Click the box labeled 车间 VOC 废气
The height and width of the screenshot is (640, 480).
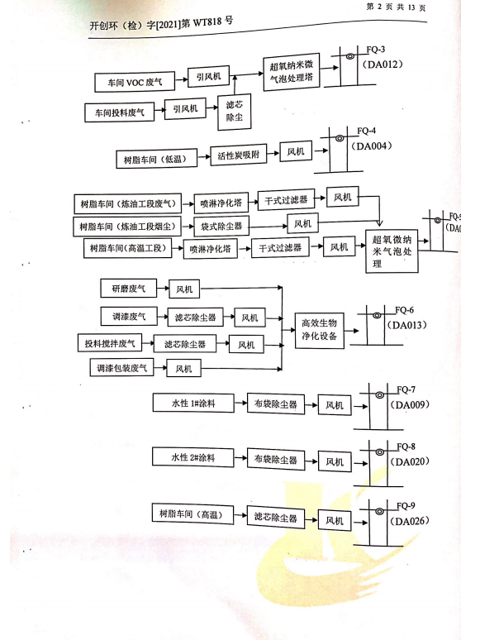tap(135, 82)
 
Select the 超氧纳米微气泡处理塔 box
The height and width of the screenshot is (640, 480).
tap(291, 71)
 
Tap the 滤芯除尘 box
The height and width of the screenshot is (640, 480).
tap(234, 112)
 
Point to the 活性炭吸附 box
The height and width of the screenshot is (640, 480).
tap(239, 155)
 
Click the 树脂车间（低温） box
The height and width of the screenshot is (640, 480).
tap(156, 159)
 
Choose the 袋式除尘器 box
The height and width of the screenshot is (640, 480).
tap(221, 226)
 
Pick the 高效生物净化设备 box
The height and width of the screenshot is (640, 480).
tap(320, 330)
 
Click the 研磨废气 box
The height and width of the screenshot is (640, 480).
tap(128, 289)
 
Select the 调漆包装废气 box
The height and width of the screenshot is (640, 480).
tap(121, 368)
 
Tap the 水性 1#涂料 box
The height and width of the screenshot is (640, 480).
tap(193, 403)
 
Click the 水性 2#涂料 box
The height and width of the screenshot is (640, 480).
tap(192, 457)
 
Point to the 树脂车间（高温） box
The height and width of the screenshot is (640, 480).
tap(192, 514)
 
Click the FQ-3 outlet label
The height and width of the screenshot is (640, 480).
tap(376, 50)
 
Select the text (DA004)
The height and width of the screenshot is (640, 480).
tap(372, 146)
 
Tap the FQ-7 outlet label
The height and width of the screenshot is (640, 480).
tap(406, 389)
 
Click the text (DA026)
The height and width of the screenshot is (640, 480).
tap(410, 521)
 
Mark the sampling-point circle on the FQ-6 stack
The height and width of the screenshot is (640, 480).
tap(378, 315)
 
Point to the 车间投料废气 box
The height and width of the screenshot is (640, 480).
tap(120, 112)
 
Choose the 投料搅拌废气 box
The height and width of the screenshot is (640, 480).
tap(110, 343)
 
